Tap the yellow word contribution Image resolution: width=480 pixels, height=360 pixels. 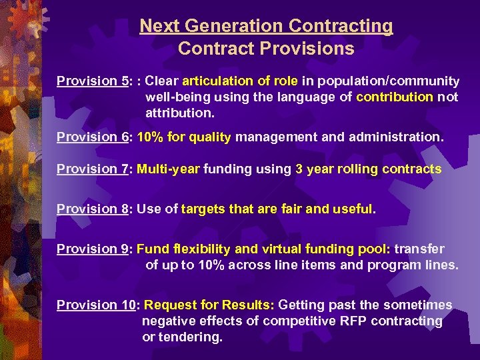click(395, 97)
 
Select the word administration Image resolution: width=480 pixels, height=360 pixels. click(399, 137)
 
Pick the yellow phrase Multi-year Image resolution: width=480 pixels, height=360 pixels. click(168, 169)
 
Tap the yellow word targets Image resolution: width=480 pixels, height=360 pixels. click(203, 209)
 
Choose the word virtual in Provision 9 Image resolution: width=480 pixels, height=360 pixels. click(282, 249)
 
